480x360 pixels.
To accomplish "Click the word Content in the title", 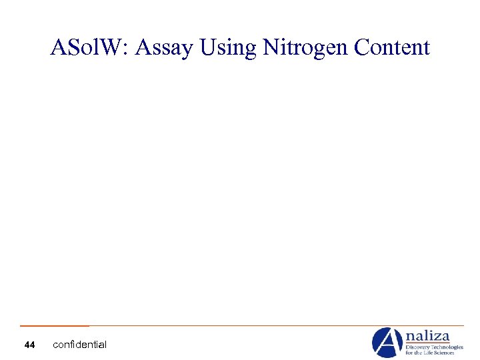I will (x=393, y=48).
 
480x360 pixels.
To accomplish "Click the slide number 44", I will (x=29, y=345).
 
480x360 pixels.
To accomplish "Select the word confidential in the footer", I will (x=79, y=345).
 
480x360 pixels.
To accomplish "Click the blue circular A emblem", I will (x=387, y=342).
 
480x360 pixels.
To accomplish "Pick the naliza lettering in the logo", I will (x=427, y=336).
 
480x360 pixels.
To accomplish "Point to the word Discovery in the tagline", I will (x=418, y=347).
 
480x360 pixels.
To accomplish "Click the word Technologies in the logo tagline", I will (x=447, y=347).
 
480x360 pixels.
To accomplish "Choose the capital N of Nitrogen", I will (x=271, y=48).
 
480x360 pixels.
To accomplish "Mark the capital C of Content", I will (x=362, y=48).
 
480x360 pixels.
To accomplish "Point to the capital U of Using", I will (x=201, y=48).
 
